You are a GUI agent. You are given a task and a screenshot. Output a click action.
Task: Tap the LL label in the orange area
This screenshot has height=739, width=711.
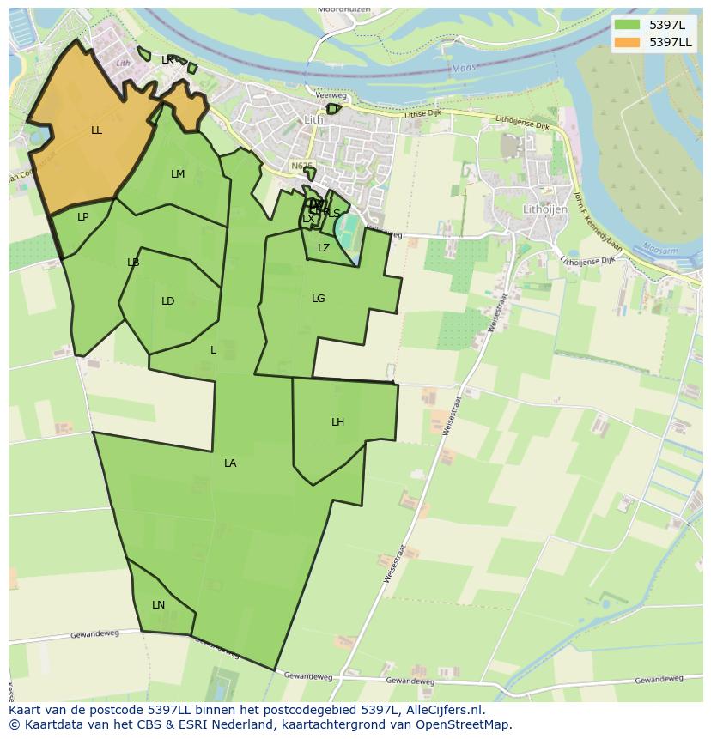96,130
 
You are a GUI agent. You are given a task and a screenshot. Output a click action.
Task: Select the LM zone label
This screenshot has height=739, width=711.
178,174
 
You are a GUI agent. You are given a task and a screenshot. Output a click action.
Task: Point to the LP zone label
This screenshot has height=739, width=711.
82,217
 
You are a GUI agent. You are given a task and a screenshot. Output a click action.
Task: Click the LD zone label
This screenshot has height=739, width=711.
168,301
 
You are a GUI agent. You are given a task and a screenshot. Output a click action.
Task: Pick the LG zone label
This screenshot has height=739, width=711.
319,299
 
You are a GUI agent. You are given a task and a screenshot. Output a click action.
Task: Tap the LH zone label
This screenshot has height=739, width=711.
337,422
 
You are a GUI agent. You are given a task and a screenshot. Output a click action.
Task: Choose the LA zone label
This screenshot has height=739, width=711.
230,463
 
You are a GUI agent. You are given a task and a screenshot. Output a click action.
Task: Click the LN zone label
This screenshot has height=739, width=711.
158,605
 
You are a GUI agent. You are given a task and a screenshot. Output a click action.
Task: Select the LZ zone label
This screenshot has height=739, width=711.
324,248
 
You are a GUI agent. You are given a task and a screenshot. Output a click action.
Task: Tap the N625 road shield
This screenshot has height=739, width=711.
301,166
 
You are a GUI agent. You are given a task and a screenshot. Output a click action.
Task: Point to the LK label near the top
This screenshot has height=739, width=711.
168,60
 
